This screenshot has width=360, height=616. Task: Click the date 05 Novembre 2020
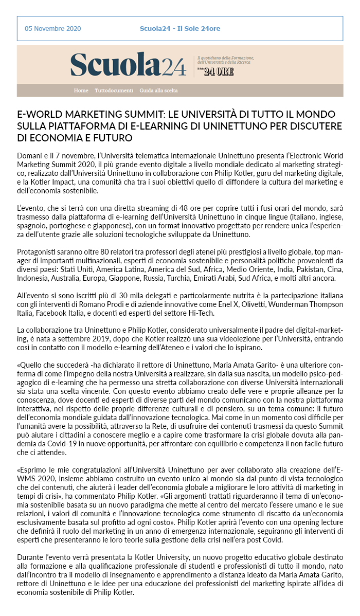point(53,29)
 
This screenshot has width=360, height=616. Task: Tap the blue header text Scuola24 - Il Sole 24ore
point(180,29)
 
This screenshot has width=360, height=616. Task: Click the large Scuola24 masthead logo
point(129,65)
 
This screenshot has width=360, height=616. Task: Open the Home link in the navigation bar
point(81,90)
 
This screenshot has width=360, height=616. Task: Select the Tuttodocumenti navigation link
point(114,90)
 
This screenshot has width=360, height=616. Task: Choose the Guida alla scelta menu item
point(158,90)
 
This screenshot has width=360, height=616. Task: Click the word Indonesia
point(34,278)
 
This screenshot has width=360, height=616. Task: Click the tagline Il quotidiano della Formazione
point(226,58)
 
